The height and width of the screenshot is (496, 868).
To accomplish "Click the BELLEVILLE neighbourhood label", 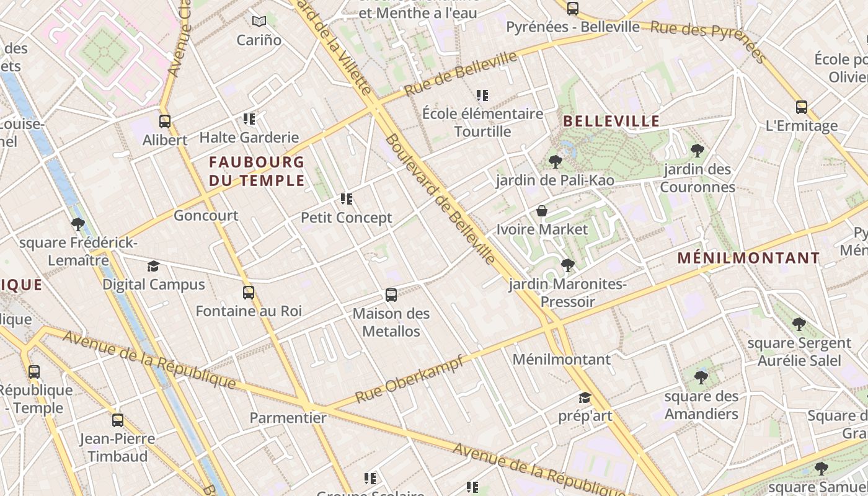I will pos(611,121).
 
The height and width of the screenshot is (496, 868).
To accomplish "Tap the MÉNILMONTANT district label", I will pos(748,258).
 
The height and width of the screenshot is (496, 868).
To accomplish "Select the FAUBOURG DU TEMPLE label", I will pos(257,171).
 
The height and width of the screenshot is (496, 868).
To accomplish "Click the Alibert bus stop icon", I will pos(165,122).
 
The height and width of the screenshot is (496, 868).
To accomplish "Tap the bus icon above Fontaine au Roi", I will pos(249,293).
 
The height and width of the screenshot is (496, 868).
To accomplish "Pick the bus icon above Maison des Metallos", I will pos(391,295).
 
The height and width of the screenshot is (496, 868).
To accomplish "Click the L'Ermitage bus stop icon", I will pos(802,107).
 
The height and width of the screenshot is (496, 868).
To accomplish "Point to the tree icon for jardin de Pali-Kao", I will pos(556,162).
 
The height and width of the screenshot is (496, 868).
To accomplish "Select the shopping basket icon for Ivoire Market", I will pos(542,211).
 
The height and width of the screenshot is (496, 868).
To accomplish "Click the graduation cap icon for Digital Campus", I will pos(153,267).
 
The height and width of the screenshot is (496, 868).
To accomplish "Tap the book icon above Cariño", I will pos(259,22).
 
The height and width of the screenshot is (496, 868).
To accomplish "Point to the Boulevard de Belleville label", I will pos(440,198).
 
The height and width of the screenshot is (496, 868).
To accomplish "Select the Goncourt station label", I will pos(206,216).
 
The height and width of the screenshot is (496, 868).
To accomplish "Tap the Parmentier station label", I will pos(288,418).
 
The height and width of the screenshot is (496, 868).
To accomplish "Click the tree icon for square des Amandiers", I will pos(701,377).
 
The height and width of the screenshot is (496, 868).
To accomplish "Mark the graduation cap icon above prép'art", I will pos(585,397).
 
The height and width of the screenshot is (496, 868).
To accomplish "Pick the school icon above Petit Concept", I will pos(347,199).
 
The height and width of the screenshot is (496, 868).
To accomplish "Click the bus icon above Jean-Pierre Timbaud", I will pos(118,420).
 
